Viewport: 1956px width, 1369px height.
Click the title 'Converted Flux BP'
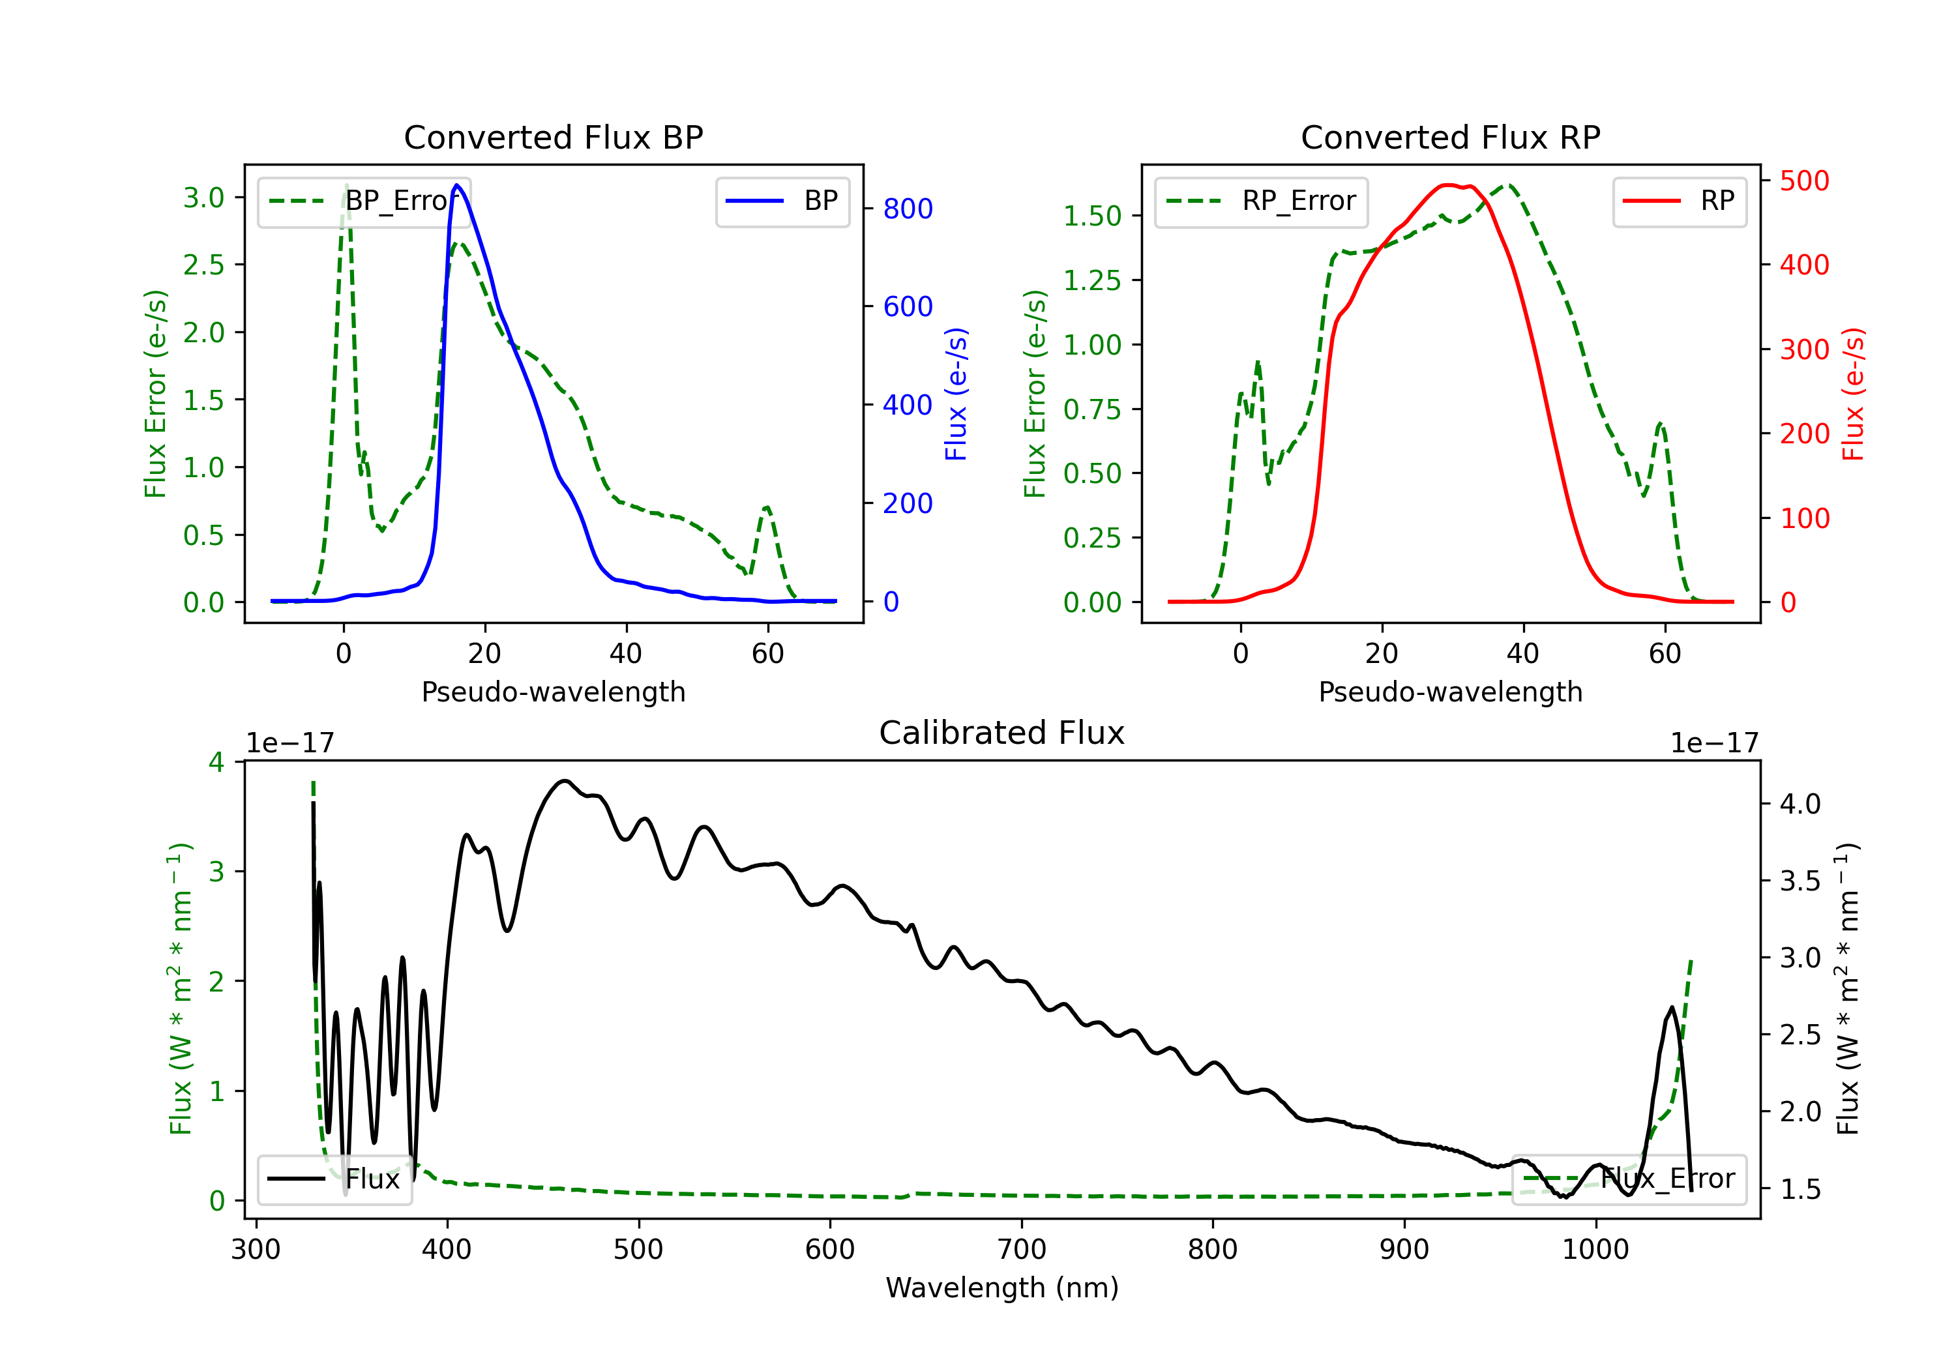[x=554, y=137]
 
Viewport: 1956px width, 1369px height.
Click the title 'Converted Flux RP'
[x=1451, y=137]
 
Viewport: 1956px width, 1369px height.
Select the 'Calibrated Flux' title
[x=1002, y=733]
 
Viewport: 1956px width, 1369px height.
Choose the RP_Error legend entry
[x=1262, y=201]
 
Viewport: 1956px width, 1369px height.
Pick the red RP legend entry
[x=1679, y=201]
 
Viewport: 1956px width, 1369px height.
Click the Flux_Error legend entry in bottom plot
[x=1629, y=1179]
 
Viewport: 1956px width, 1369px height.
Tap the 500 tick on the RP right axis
[x=1804, y=181]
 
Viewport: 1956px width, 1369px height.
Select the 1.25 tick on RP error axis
[x=1092, y=280]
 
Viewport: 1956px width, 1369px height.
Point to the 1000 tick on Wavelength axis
[x=1595, y=1250]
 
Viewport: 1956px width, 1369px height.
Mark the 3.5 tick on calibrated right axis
[x=1800, y=881]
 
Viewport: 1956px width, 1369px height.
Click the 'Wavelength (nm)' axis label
[x=1002, y=1288]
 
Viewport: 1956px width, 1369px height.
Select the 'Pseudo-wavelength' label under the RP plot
[x=1451, y=692]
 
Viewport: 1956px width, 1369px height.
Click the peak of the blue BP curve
[x=458, y=185]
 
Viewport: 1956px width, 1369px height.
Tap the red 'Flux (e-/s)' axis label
[x=1854, y=394]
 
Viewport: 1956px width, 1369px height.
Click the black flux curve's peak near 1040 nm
[x=1672, y=1008]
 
